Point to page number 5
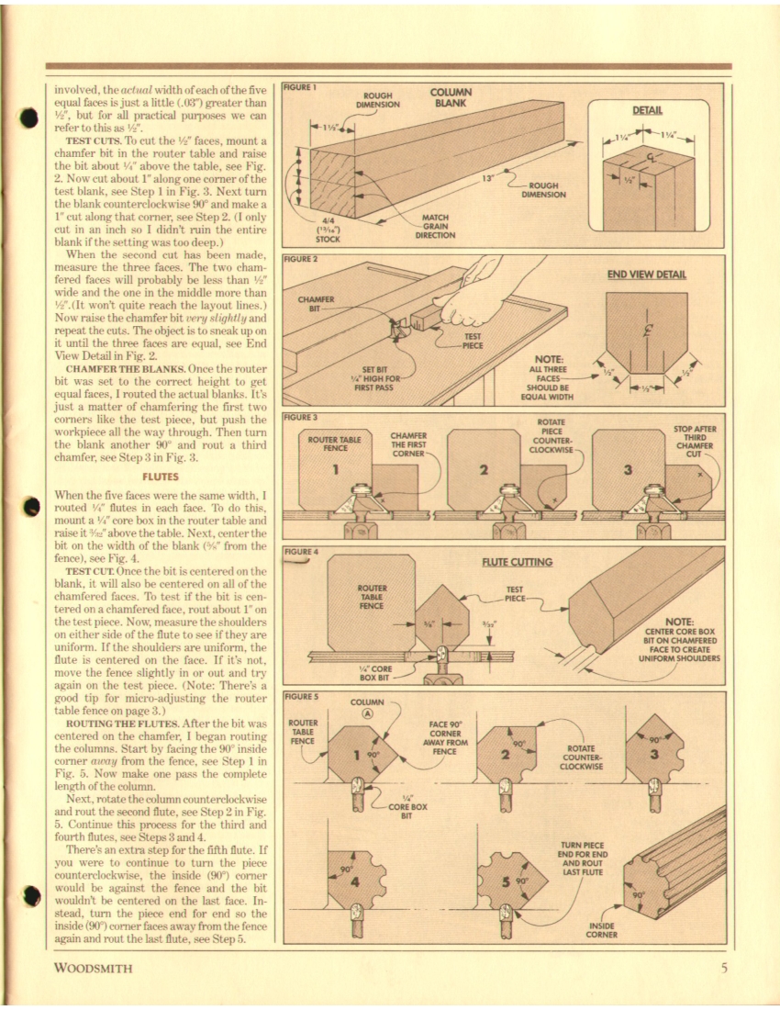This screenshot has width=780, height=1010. [723, 967]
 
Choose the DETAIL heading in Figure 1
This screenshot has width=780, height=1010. [648, 109]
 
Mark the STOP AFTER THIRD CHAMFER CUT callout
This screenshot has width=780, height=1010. [696, 441]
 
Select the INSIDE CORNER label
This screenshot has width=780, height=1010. [601, 930]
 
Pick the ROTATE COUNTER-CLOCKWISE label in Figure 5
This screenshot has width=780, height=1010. [579, 757]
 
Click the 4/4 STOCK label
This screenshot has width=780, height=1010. [329, 230]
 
